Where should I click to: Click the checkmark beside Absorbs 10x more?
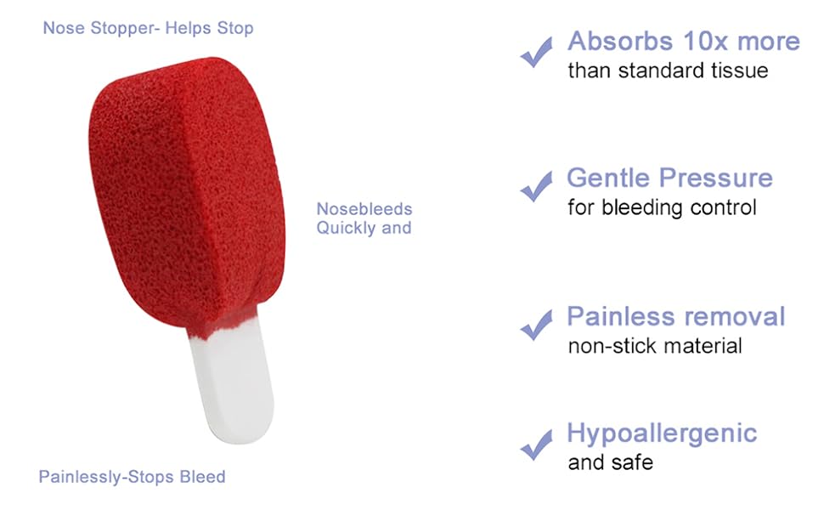pyautogui.click(x=537, y=52)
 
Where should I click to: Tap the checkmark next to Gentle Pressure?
pyautogui.click(x=537, y=187)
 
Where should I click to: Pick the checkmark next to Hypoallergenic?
pyautogui.click(x=537, y=445)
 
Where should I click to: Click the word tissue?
pyautogui.click(x=739, y=71)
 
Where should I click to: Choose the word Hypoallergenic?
pyautogui.click(x=662, y=434)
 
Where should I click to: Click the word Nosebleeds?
pyautogui.click(x=364, y=209)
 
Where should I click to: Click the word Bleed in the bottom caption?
pyautogui.click(x=202, y=477)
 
